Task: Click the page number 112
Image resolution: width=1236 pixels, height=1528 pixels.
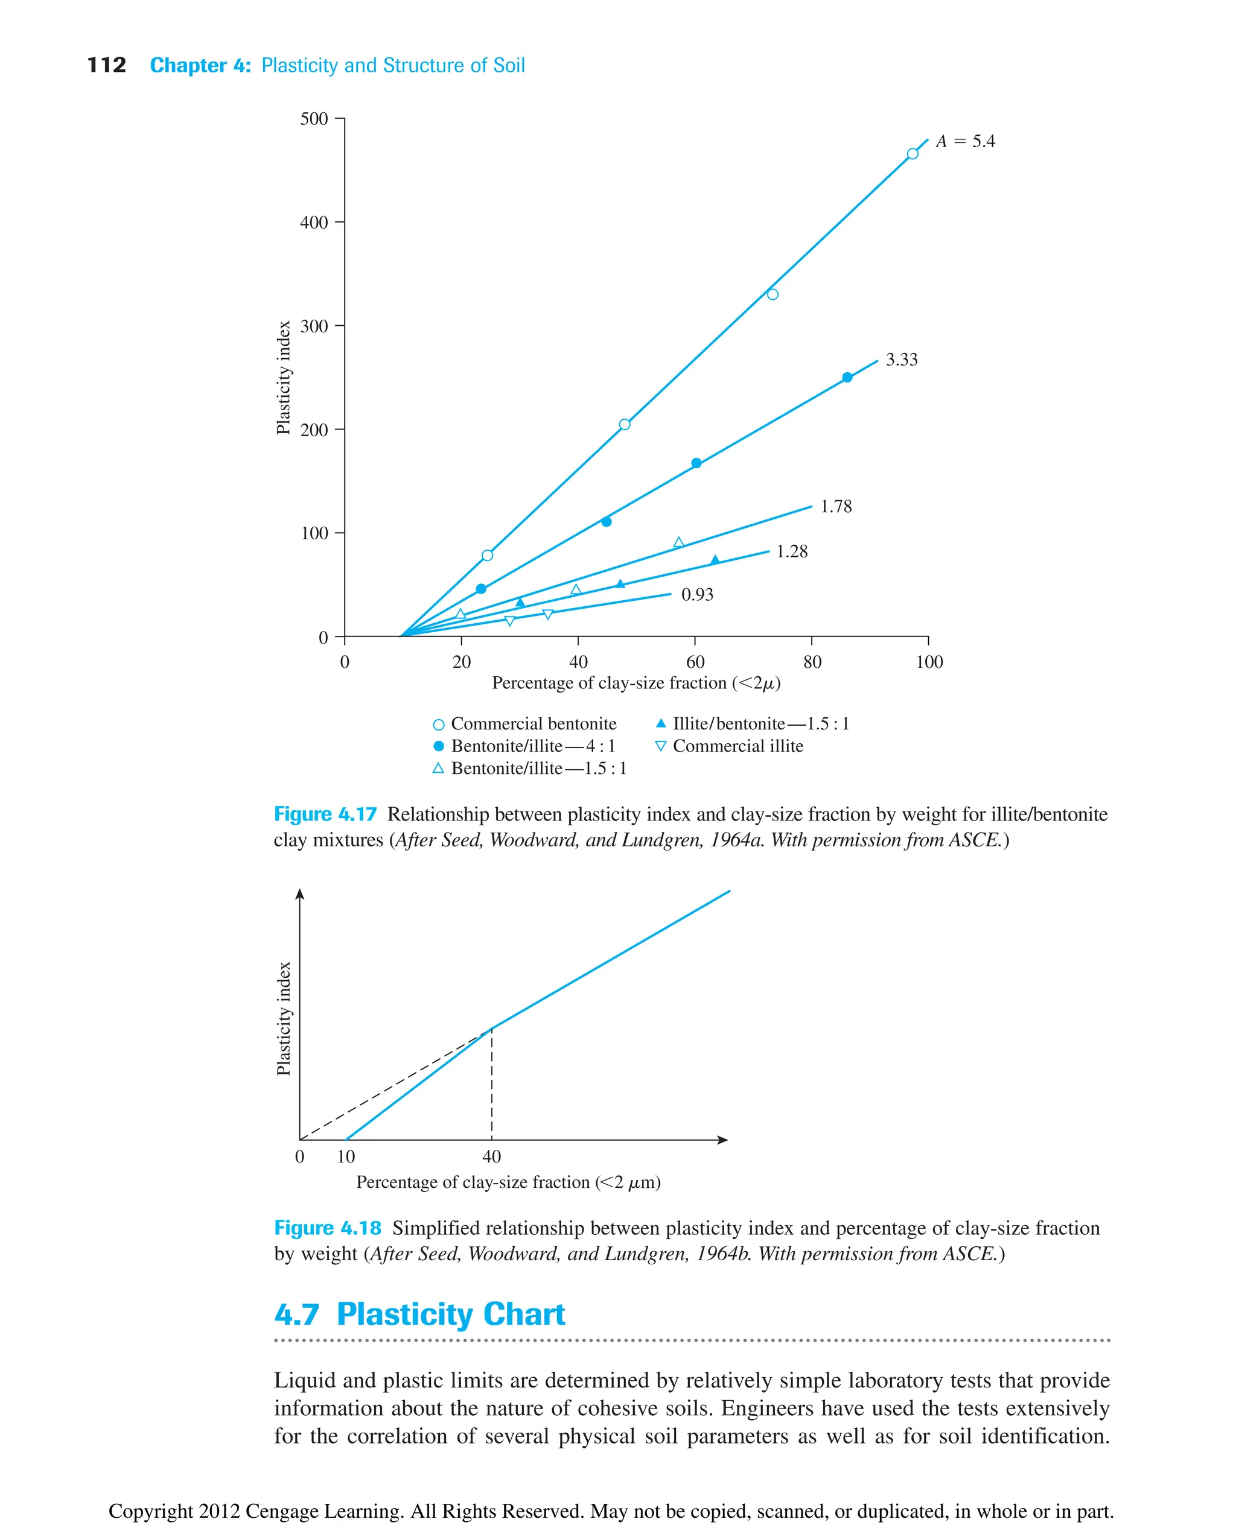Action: point(106,66)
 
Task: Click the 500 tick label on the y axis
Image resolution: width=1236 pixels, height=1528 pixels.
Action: point(314,119)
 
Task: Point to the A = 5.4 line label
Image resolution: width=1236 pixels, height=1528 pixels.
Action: point(965,142)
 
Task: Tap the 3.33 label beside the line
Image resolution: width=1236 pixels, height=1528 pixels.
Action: point(902,360)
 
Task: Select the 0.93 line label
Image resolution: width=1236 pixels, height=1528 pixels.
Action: point(697,595)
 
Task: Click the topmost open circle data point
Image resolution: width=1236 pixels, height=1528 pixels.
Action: point(912,154)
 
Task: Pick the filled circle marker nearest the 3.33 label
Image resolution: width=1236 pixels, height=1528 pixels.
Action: point(847,378)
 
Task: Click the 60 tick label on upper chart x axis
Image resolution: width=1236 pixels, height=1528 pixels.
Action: point(695,662)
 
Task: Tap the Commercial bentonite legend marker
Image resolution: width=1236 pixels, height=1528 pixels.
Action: point(439,724)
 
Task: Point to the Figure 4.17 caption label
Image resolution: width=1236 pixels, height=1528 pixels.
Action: point(325,814)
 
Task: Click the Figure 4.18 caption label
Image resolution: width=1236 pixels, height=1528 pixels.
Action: point(328,1228)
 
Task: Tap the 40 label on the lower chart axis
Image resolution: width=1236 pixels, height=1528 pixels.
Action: point(492,1156)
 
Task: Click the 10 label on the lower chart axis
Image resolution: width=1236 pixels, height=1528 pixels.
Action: point(346,1156)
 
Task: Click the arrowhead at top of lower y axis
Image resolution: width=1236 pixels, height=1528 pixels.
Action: point(300,895)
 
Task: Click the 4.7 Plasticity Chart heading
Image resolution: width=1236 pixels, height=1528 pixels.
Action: point(419,1314)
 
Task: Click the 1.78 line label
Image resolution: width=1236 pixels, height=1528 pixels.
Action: point(836,507)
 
